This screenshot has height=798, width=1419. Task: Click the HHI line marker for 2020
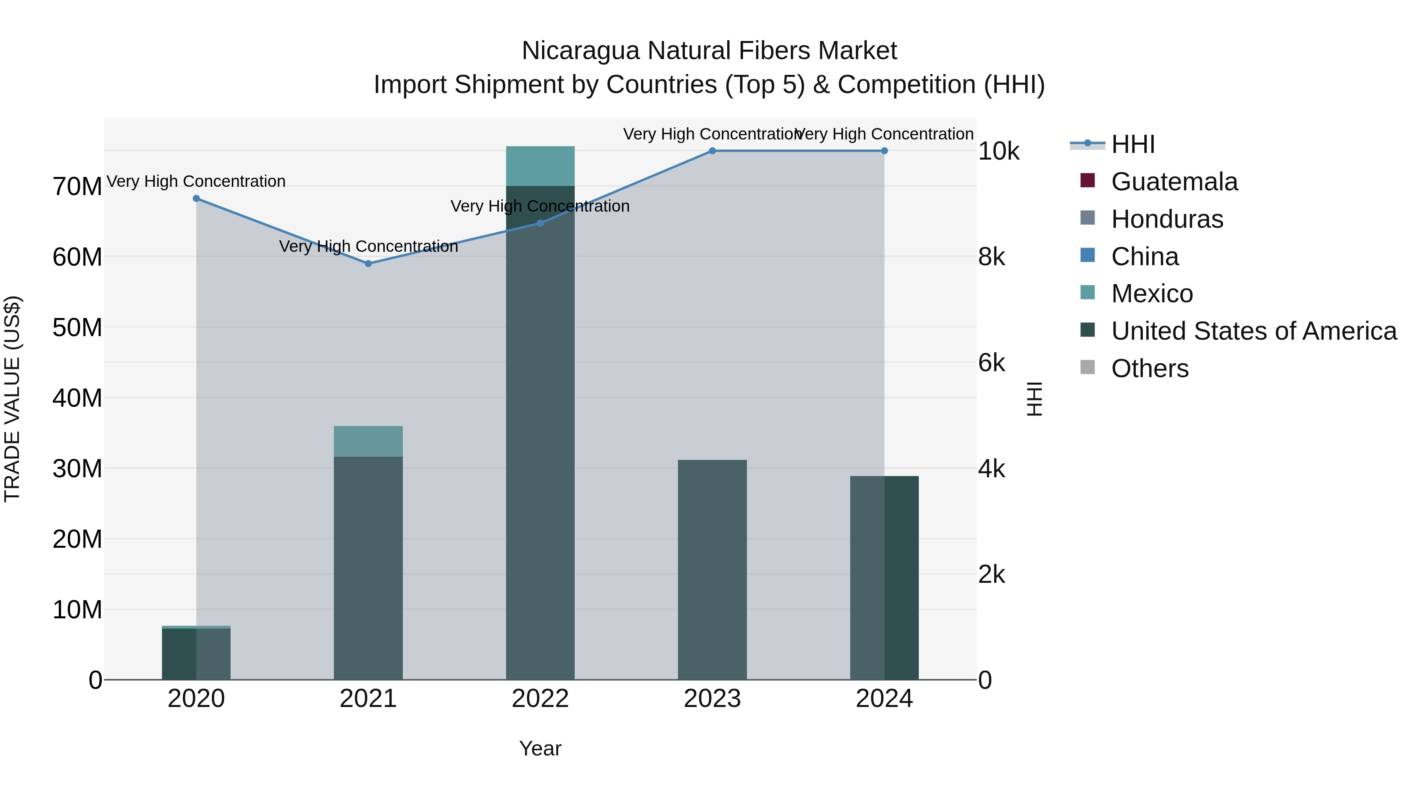(x=196, y=198)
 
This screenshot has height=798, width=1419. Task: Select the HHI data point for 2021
(x=369, y=264)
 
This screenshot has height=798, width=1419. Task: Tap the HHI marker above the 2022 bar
(x=540, y=223)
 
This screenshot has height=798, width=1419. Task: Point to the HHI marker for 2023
(x=712, y=151)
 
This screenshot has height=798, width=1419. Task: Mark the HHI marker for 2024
(x=884, y=151)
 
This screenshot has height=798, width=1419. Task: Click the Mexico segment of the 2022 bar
(x=540, y=166)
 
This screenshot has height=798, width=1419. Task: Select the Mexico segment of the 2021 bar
(x=369, y=441)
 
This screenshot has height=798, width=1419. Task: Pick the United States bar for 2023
(x=712, y=569)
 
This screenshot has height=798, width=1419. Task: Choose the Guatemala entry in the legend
(x=1174, y=182)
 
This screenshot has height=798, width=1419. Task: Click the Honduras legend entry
(x=1167, y=219)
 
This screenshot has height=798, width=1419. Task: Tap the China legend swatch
(x=1088, y=255)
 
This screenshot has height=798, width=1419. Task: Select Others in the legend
(x=1150, y=368)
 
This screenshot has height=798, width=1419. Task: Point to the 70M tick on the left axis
(x=77, y=187)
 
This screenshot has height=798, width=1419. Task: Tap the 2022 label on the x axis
(x=540, y=699)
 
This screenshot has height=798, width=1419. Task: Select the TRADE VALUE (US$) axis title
(x=12, y=399)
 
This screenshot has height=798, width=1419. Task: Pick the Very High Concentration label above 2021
(x=369, y=246)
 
